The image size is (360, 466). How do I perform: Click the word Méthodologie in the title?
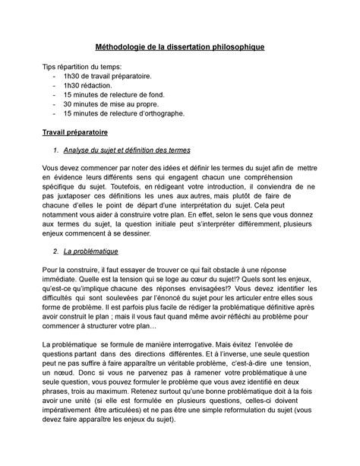click(125, 47)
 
